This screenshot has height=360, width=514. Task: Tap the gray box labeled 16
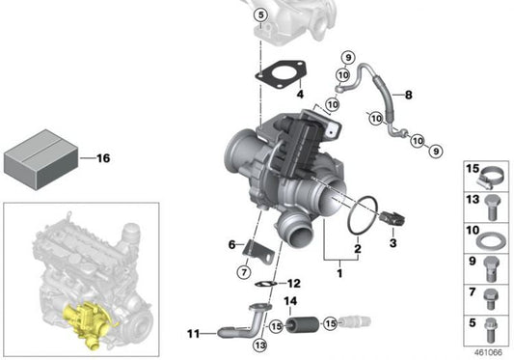click(x=41, y=159)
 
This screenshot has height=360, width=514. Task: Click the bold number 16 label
click(x=103, y=158)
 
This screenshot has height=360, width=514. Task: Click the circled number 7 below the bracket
click(x=244, y=272)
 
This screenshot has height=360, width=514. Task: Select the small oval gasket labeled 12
click(x=265, y=284)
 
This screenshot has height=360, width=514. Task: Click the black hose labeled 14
click(x=302, y=324)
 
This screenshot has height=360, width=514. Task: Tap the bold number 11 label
click(x=193, y=334)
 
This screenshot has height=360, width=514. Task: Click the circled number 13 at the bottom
click(x=260, y=345)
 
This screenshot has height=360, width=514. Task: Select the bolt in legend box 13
click(x=491, y=208)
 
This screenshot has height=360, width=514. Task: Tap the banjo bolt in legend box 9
click(x=491, y=268)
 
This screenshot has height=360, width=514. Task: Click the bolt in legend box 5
click(x=491, y=330)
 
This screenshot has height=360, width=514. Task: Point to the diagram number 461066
click(x=488, y=352)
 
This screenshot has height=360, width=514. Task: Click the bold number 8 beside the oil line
click(x=408, y=95)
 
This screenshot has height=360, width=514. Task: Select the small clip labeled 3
click(x=392, y=218)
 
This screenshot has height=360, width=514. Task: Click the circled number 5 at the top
click(x=260, y=15)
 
